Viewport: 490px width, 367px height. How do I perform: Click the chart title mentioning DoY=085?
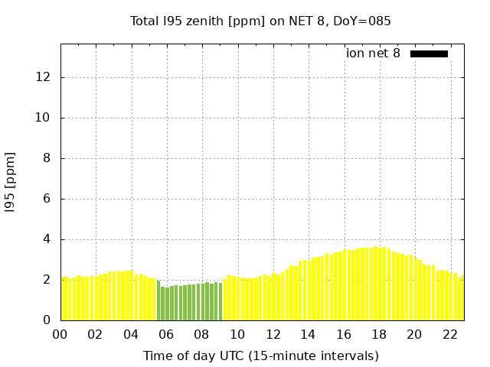260,21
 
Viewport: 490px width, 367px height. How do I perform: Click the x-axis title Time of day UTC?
260,356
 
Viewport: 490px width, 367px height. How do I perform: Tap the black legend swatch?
429,54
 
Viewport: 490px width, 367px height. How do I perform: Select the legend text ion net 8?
373,54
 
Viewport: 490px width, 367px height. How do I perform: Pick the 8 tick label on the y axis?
47,158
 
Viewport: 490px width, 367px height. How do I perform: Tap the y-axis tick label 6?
47,199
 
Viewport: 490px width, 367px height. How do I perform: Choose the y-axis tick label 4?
47,239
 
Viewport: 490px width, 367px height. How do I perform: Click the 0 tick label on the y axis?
47,320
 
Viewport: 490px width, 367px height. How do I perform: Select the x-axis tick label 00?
60,334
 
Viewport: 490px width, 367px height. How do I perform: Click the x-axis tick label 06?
166,334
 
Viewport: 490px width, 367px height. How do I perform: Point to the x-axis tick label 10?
237,334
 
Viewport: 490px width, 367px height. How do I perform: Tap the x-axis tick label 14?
308,334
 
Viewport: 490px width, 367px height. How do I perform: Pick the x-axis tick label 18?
379,334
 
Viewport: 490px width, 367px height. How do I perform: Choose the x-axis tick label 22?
449,334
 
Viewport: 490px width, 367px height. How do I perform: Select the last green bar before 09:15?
220,302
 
